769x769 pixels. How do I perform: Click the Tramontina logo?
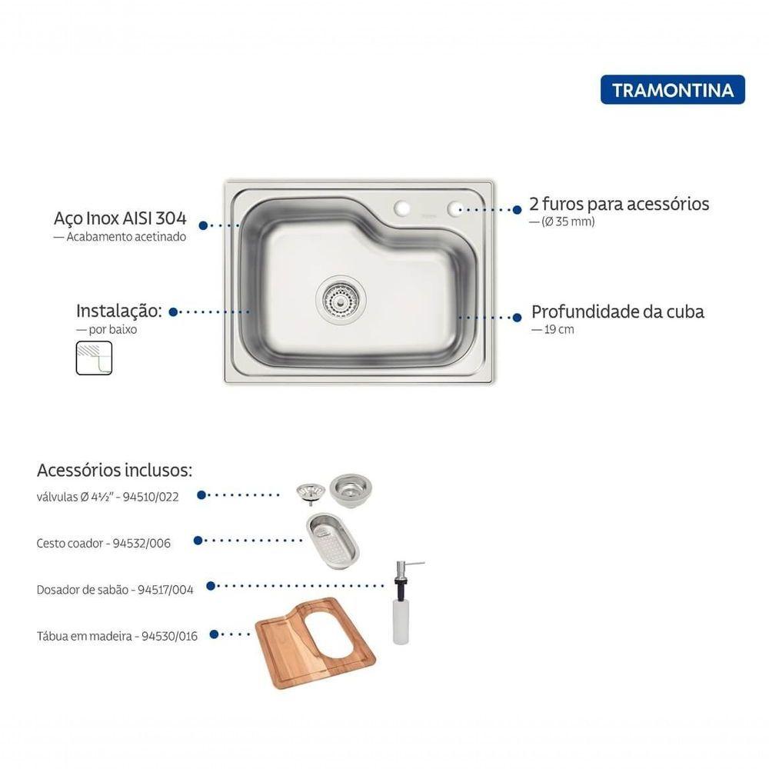(x=672, y=90)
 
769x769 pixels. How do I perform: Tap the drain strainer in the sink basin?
(x=341, y=298)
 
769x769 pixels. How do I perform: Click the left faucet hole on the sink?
(x=401, y=208)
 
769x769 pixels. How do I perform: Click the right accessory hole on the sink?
(x=455, y=208)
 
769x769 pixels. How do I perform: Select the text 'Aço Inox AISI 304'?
(x=120, y=218)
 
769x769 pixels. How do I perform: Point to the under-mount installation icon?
(x=94, y=358)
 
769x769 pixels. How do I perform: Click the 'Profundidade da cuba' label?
(x=618, y=311)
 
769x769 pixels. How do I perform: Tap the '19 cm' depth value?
(x=558, y=329)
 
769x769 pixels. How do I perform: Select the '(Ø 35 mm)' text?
(x=568, y=221)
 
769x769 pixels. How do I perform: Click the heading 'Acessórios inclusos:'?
(x=115, y=470)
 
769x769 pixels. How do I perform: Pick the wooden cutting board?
(x=315, y=643)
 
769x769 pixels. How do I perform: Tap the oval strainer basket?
(x=332, y=541)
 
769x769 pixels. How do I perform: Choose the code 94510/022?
(x=151, y=497)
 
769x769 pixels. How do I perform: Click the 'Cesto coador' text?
(x=70, y=544)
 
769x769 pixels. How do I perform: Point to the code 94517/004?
(x=165, y=590)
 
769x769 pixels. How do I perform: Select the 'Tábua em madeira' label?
(x=85, y=636)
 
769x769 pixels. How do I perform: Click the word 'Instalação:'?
(x=118, y=311)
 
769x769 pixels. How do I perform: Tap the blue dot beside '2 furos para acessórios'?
(x=517, y=209)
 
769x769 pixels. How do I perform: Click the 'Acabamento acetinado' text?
(x=126, y=236)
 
